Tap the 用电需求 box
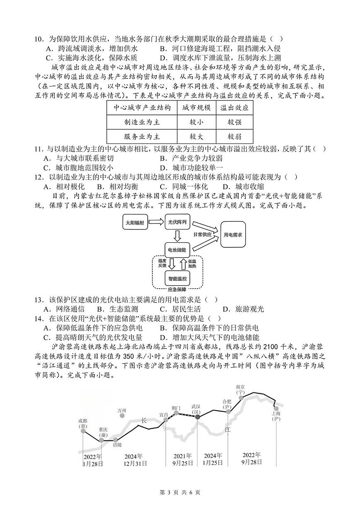pyautogui.click(x=233, y=234)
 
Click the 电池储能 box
pyautogui.click(x=177, y=250)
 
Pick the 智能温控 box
pyautogui.click(x=177, y=279)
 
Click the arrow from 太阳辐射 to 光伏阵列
pyautogui.click(x=156, y=222)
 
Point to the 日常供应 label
pyautogui.click(x=202, y=234)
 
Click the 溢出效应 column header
pyautogui.click(x=234, y=108)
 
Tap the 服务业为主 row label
pyautogui.click(x=142, y=136)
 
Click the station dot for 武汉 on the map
pyautogui.click(x=197, y=417)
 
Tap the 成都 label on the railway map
pyautogui.click(x=82, y=423)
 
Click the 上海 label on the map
pyautogui.click(x=276, y=416)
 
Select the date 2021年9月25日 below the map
pyautogui.click(x=182, y=459)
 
